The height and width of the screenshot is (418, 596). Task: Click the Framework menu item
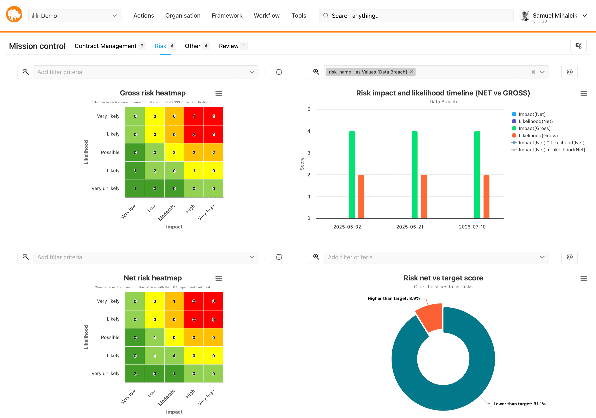pos(227,16)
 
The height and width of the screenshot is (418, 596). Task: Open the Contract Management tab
pos(105,46)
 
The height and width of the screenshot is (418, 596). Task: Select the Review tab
pos(228,46)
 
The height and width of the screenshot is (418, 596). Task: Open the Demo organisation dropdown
pos(75,16)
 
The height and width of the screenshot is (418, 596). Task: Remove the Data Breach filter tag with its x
pos(411,72)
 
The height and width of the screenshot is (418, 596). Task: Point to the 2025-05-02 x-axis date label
pos(347,227)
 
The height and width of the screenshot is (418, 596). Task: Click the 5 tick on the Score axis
pos(309,109)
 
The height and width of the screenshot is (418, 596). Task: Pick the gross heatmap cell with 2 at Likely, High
pos(194,134)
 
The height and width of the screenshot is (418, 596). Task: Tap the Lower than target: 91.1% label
pos(519,404)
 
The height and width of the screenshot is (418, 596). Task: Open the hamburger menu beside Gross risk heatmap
pos(219,93)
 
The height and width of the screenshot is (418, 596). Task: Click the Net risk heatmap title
pos(153,278)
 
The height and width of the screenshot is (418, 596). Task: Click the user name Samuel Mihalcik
pos(555,16)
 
